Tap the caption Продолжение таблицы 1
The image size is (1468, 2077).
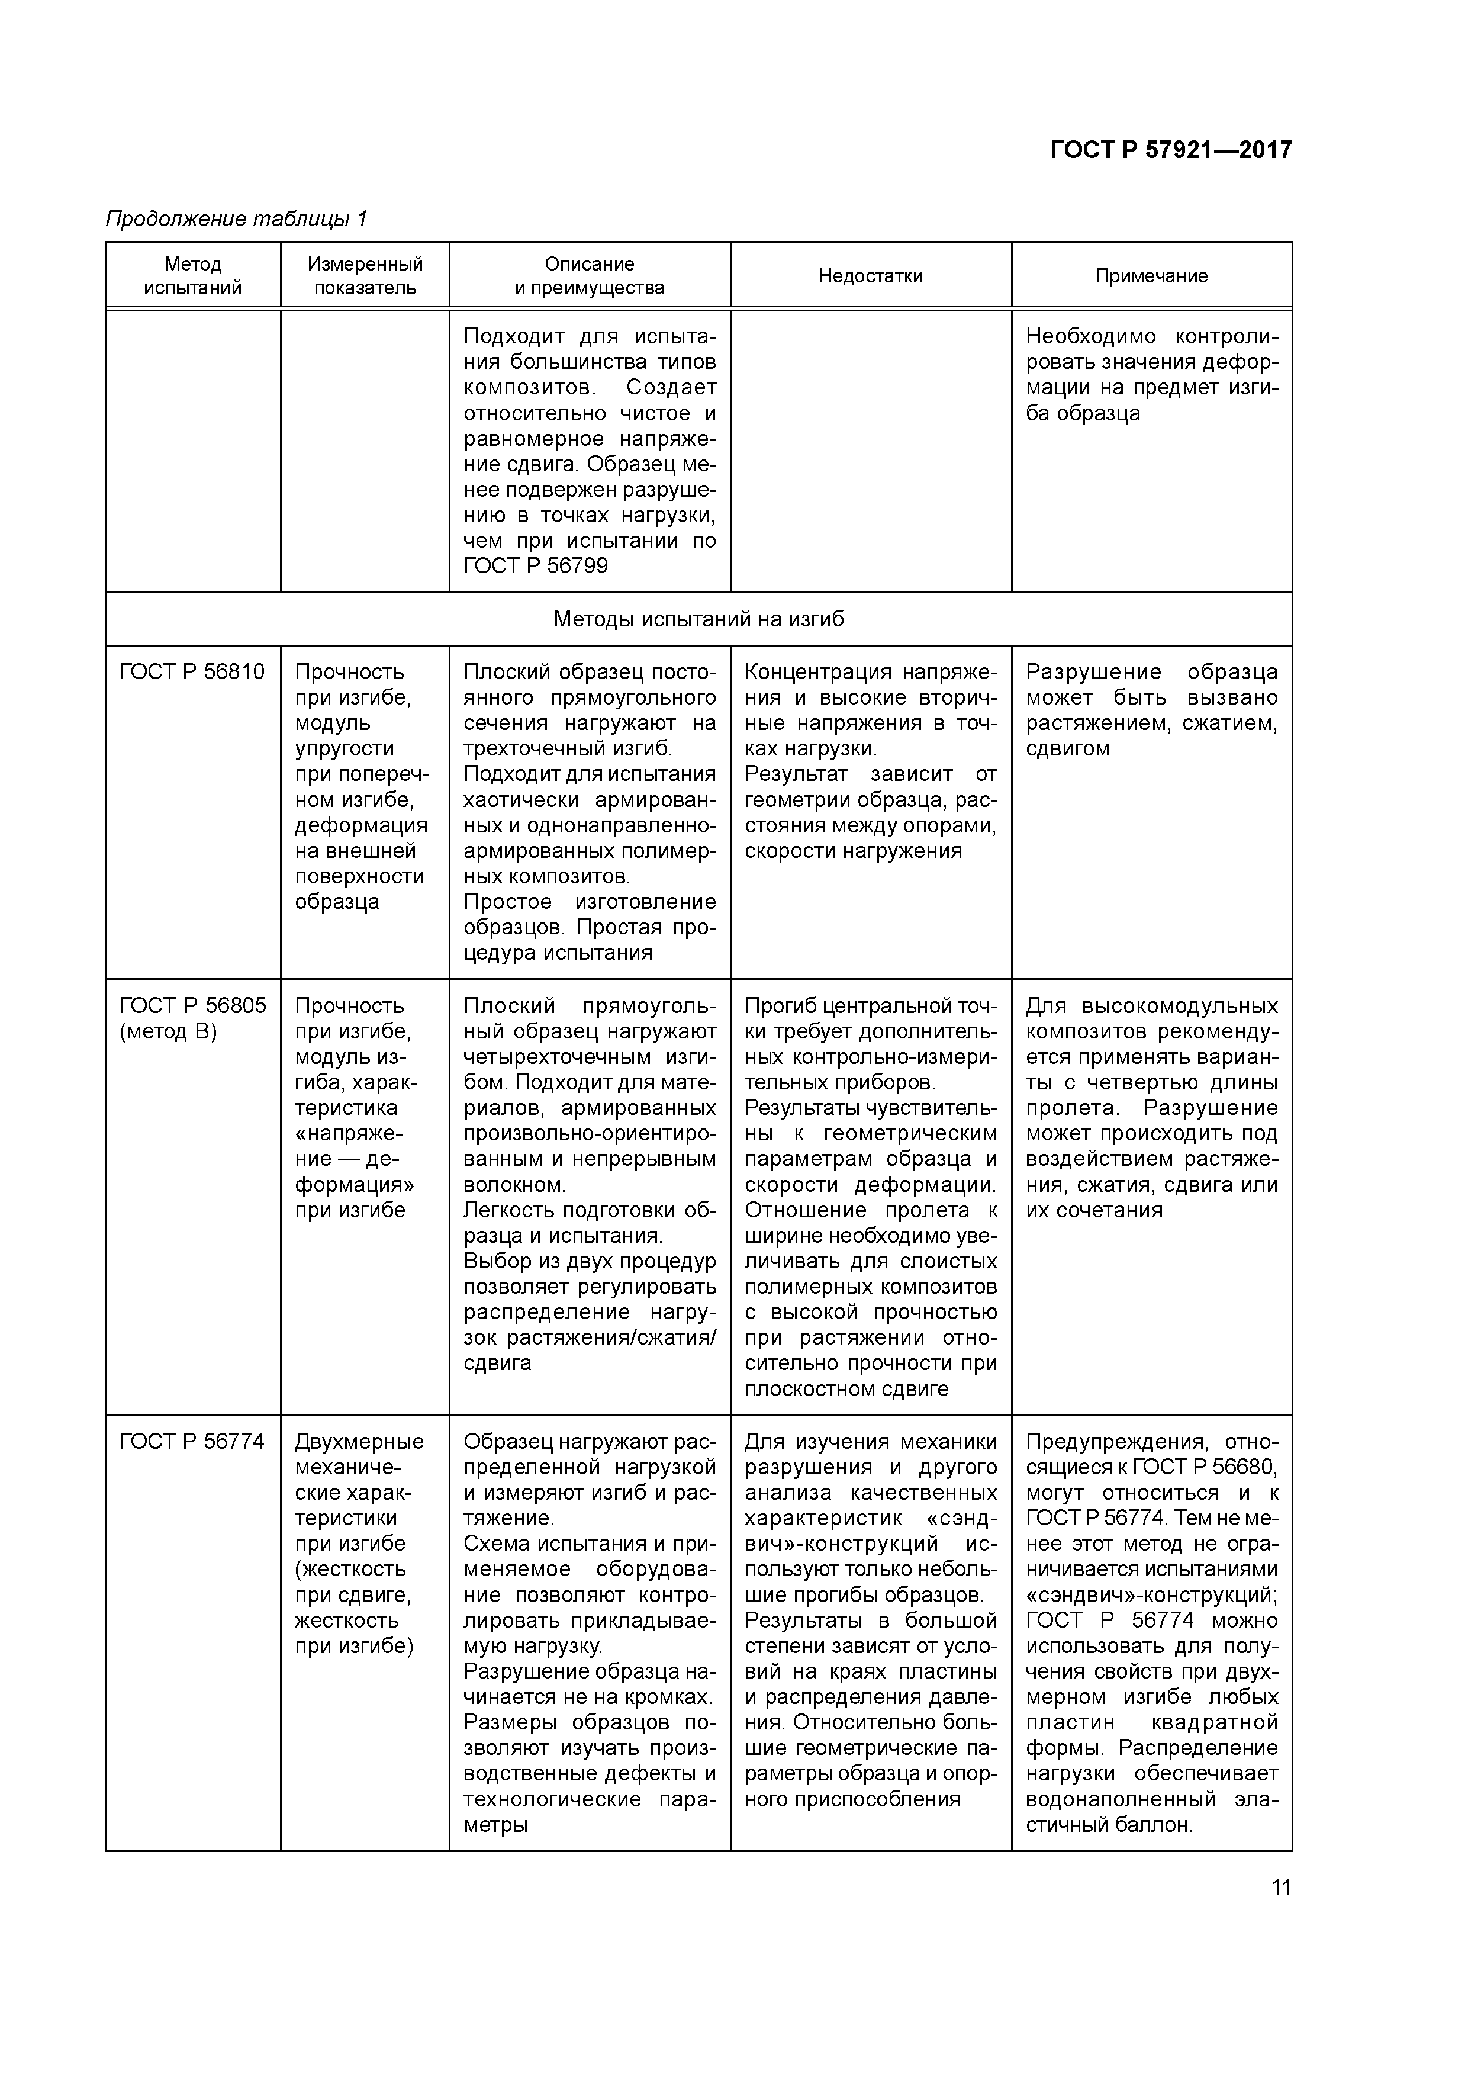coord(236,219)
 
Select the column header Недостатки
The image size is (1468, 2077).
coord(870,276)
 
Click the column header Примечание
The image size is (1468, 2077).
coord(1151,276)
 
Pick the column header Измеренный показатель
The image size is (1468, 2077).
coord(365,276)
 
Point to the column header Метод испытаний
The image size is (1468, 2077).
coord(192,276)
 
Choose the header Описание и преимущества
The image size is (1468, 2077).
coord(589,276)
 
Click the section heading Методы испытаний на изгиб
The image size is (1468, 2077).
coord(698,620)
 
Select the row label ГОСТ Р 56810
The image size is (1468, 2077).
coord(192,672)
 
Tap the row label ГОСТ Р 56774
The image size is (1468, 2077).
coord(192,1442)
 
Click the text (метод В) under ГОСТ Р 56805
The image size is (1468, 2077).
coord(168,1032)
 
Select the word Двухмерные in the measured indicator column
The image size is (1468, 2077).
coord(359,1442)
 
